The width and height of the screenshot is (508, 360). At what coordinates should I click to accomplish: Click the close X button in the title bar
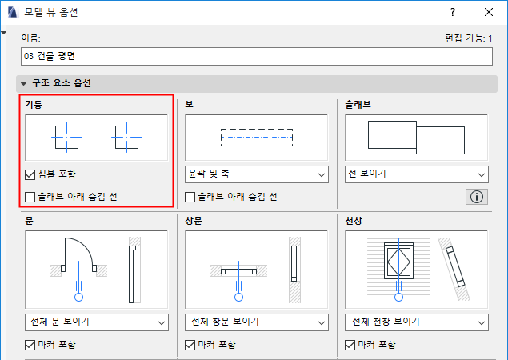click(489, 12)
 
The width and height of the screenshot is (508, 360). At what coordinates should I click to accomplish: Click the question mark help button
click(453, 12)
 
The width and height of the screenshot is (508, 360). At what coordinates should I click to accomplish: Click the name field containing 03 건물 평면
click(257, 56)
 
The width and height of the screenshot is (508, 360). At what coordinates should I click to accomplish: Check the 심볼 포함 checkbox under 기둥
click(30, 174)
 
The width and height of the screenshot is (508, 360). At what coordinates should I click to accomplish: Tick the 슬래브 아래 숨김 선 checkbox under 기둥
click(30, 197)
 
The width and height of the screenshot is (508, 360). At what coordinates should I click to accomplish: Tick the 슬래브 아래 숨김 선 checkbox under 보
click(190, 197)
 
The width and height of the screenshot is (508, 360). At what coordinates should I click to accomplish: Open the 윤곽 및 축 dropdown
click(257, 174)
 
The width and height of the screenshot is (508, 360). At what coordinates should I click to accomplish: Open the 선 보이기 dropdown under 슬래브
click(417, 174)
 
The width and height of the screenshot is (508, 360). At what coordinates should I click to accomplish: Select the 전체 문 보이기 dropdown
click(97, 322)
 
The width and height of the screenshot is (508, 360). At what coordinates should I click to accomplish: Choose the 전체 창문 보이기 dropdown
click(257, 322)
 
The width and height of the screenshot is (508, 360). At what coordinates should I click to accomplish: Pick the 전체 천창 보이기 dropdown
click(417, 322)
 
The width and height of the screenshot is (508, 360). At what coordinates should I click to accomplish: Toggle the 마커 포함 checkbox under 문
click(30, 345)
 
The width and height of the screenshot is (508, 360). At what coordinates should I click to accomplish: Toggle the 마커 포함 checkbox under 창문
click(190, 345)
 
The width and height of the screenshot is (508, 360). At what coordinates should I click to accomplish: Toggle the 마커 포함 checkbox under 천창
click(350, 345)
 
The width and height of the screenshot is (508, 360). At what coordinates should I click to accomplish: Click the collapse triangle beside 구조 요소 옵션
click(24, 84)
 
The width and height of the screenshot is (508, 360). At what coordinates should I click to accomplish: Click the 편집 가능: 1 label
click(469, 38)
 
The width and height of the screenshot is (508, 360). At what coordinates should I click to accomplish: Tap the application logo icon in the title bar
click(13, 12)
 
